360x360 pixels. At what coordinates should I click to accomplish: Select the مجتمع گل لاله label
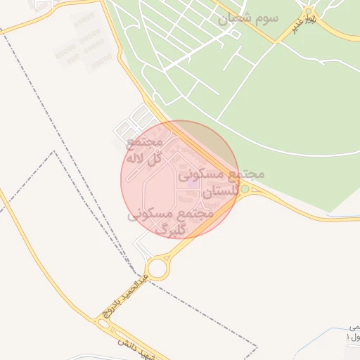[143, 150]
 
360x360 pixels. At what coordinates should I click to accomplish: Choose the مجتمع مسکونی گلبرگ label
[170, 221]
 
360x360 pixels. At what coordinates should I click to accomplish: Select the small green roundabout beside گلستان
[244, 189]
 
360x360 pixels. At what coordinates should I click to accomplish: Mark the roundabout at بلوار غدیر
[308, 13]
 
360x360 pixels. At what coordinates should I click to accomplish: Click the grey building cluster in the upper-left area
[84, 42]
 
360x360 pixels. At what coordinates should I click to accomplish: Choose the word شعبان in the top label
[233, 19]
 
